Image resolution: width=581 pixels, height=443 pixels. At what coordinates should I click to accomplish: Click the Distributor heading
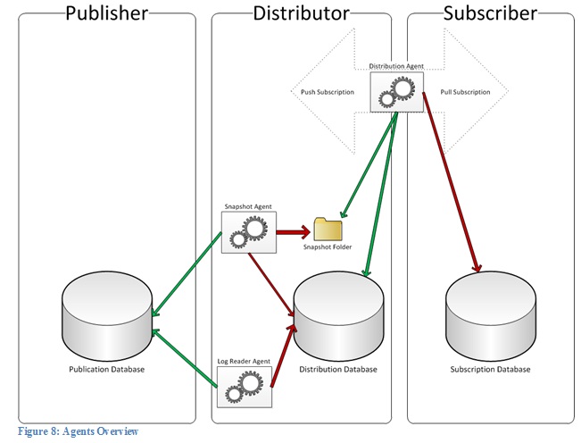click(x=302, y=13)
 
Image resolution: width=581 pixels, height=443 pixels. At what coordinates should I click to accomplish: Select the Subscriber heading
click(x=490, y=13)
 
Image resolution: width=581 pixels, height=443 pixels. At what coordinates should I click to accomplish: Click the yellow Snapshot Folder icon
click(x=327, y=230)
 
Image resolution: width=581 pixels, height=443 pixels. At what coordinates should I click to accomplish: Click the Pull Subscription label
click(x=466, y=92)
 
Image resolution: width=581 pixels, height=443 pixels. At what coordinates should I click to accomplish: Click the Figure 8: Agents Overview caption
click(x=78, y=432)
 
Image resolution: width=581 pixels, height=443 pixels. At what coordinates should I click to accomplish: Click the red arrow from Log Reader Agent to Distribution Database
click(x=280, y=357)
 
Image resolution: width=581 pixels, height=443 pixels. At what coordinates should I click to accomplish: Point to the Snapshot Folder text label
click(x=327, y=247)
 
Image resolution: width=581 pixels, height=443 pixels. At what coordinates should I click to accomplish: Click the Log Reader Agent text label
click(x=244, y=362)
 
